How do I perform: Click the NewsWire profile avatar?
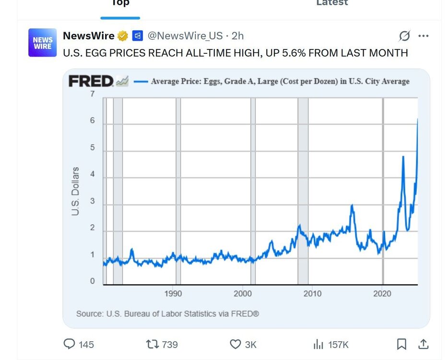[x=42, y=43]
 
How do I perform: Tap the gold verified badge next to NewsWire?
[x=123, y=36]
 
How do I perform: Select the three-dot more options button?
[x=423, y=36]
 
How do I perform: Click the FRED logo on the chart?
[x=91, y=81]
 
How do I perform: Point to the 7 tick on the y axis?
[x=92, y=94]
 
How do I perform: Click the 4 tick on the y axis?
[x=92, y=175]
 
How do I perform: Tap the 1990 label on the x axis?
[x=173, y=293]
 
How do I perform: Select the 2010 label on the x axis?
[x=312, y=293]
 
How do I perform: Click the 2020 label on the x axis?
[x=382, y=293]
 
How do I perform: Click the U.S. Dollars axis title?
[x=75, y=191]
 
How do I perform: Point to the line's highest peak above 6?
[x=417, y=119]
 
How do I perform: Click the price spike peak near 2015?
[x=352, y=205]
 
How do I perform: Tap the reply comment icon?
[x=70, y=344]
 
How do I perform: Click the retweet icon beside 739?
[x=152, y=344]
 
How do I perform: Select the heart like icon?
[x=235, y=344]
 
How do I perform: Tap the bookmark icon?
[x=401, y=344]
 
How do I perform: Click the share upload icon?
[x=423, y=344]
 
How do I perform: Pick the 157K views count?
[x=338, y=345]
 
